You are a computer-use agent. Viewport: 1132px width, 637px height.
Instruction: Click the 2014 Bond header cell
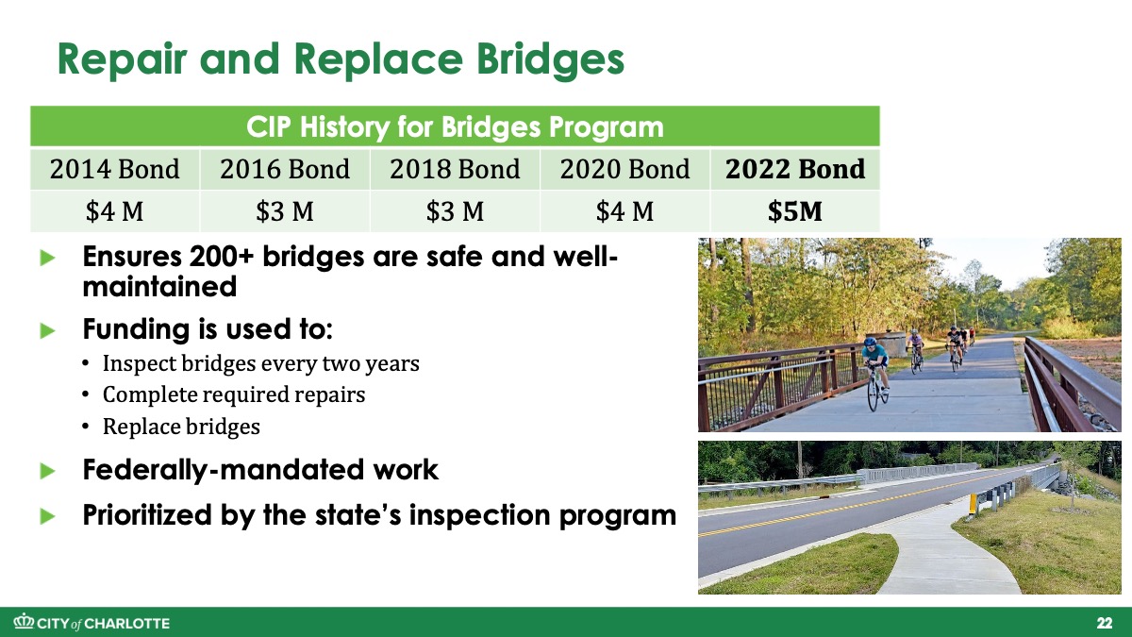click(x=115, y=169)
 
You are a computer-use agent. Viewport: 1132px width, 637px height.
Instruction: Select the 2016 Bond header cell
click(x=285, y=169)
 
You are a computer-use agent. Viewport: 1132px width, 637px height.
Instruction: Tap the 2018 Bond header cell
click(x=455, y=169)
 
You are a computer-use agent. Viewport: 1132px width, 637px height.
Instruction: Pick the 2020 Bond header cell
click(x=625, y=169)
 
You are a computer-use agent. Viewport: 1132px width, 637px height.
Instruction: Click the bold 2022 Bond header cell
click(x=795, y=169)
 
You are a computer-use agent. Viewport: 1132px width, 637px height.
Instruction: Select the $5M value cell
click(x=795, y=211)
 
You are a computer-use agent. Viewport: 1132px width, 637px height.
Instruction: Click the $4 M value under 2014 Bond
click(x=115, y=211)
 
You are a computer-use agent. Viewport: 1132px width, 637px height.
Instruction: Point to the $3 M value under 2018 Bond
click(x=455, y=211)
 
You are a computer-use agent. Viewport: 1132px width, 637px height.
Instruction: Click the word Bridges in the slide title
click(x=550, y=60)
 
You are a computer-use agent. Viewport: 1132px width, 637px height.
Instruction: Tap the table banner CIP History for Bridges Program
click(x=455, y=126)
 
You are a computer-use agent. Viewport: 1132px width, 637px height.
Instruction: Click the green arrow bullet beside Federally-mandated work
click(x=47, y=471)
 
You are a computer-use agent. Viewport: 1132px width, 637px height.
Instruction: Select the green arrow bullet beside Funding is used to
click(x=47, y=331)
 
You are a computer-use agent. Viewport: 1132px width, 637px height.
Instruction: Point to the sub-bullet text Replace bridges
click(x=181, y=427)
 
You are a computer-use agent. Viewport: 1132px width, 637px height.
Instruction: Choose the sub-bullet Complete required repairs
click(x=234, y=394)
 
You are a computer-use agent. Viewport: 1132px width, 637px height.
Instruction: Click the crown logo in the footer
click(x=24, y=621)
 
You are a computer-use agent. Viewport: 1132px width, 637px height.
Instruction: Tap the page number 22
click(x=1105, y=623)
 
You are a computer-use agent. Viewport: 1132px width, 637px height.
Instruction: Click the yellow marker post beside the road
click(x=973, y=504)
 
